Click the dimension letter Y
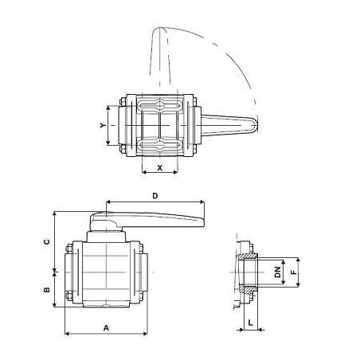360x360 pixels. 102,125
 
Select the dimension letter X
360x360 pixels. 160,168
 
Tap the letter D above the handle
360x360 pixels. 155,195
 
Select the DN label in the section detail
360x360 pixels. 276,272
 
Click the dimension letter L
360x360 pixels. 250,322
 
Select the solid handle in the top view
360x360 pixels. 227,125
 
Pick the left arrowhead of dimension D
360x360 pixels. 105,202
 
